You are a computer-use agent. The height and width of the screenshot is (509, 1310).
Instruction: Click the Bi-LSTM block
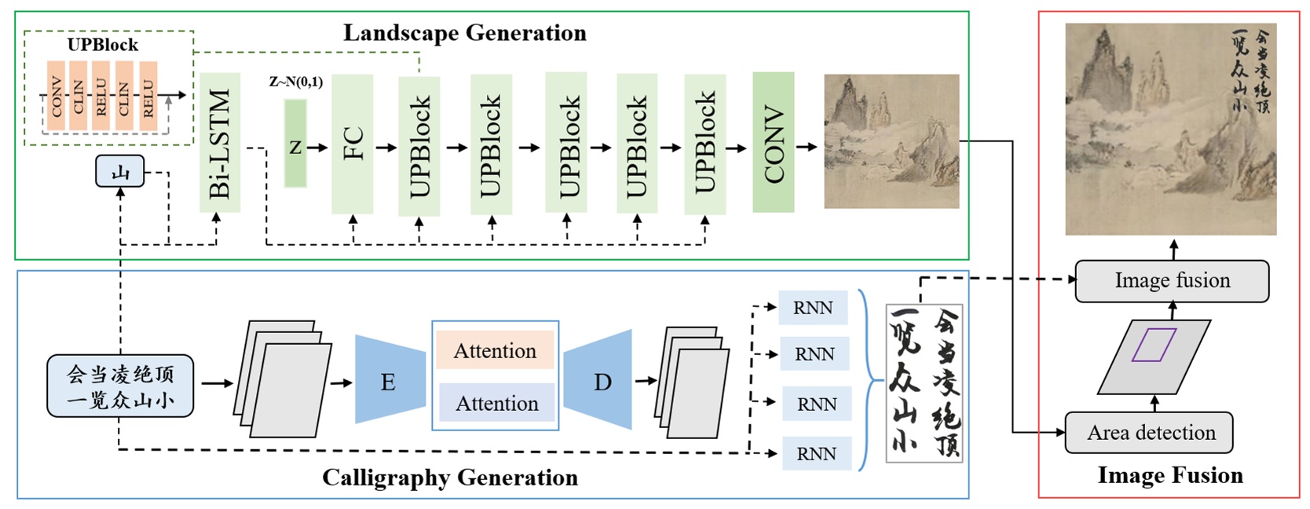(x=220, y=143)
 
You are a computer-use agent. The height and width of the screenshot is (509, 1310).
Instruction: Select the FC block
(x=353, y=145)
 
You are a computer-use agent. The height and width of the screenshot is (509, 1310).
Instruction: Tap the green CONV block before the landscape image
(x=773, y=142)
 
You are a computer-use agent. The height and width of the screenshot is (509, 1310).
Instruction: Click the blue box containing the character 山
(x=120, y=171)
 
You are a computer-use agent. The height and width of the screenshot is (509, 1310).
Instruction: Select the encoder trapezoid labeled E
(x=389, y=382)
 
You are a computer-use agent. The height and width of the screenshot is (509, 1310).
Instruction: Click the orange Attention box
(x=495, y=350)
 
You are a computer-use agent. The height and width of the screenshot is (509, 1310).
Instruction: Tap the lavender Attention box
(x=496, y=403)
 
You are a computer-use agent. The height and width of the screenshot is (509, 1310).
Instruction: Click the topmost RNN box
(x=813, y=308)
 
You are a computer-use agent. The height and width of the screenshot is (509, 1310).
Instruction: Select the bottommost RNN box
(x=817, y=453)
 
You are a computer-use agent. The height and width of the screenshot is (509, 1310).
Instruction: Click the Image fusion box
(x=1172, y=281)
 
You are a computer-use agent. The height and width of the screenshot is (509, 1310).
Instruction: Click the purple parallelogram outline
(x=1154, y=346)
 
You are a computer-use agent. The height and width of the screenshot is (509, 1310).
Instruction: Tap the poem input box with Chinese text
(x=120, y=386)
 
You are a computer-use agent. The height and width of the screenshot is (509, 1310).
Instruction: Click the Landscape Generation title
(x=464, y=33)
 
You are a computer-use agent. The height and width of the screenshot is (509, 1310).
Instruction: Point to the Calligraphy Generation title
(x=449, y=478)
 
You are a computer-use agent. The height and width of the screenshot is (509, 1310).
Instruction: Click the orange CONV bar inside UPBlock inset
(x=56, y=96)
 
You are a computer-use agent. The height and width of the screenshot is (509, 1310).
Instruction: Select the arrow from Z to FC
(x=317, y=147)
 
